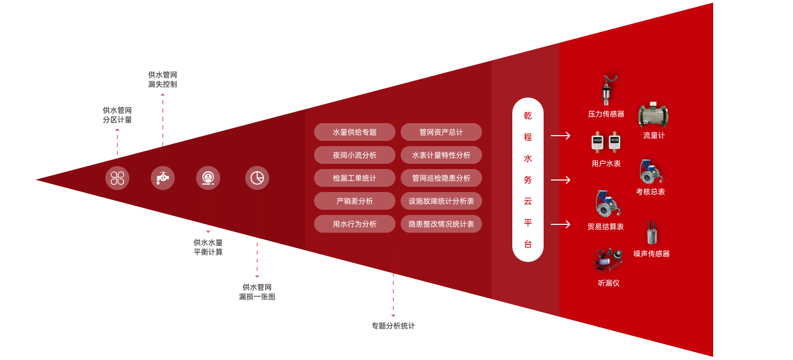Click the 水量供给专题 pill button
pyautogui.click(x=355, y=132)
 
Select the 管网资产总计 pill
pyautogui.click(x=441, y=132)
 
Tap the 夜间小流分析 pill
pyautogui.click(x=355, y=155)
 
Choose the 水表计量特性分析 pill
pyautogui.click(x=441, y=155)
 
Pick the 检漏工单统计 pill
pyautogui.click(x=355, y=178)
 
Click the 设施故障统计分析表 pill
pyautogui.click(x=441, y=201)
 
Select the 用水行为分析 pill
pyautogui.click(x=355, y=224)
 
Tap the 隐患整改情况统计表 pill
pyautogui.click(x=441, y=224)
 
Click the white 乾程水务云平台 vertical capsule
pyautogui.click(x=528, y=179)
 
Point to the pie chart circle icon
pyautogui.click(x=257, y=178)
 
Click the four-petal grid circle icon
pyautogui.click(x=117, y=178)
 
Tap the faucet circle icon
pyautogui.click(x=163, y=178)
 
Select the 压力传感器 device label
pyautogui.click(x=606, y=114)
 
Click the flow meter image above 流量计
pyautogui.click(x=653, y=116)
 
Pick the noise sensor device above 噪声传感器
pyautogui.click(x=651, y=233)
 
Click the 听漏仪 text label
pyautogui.click(x=609, y=283)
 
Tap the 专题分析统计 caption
pyautogui.click(x=393, y=326)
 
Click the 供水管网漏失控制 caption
pyautogui.click(x=163, y=79)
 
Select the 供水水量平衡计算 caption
pyautogui.click(x=208, y=247)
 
